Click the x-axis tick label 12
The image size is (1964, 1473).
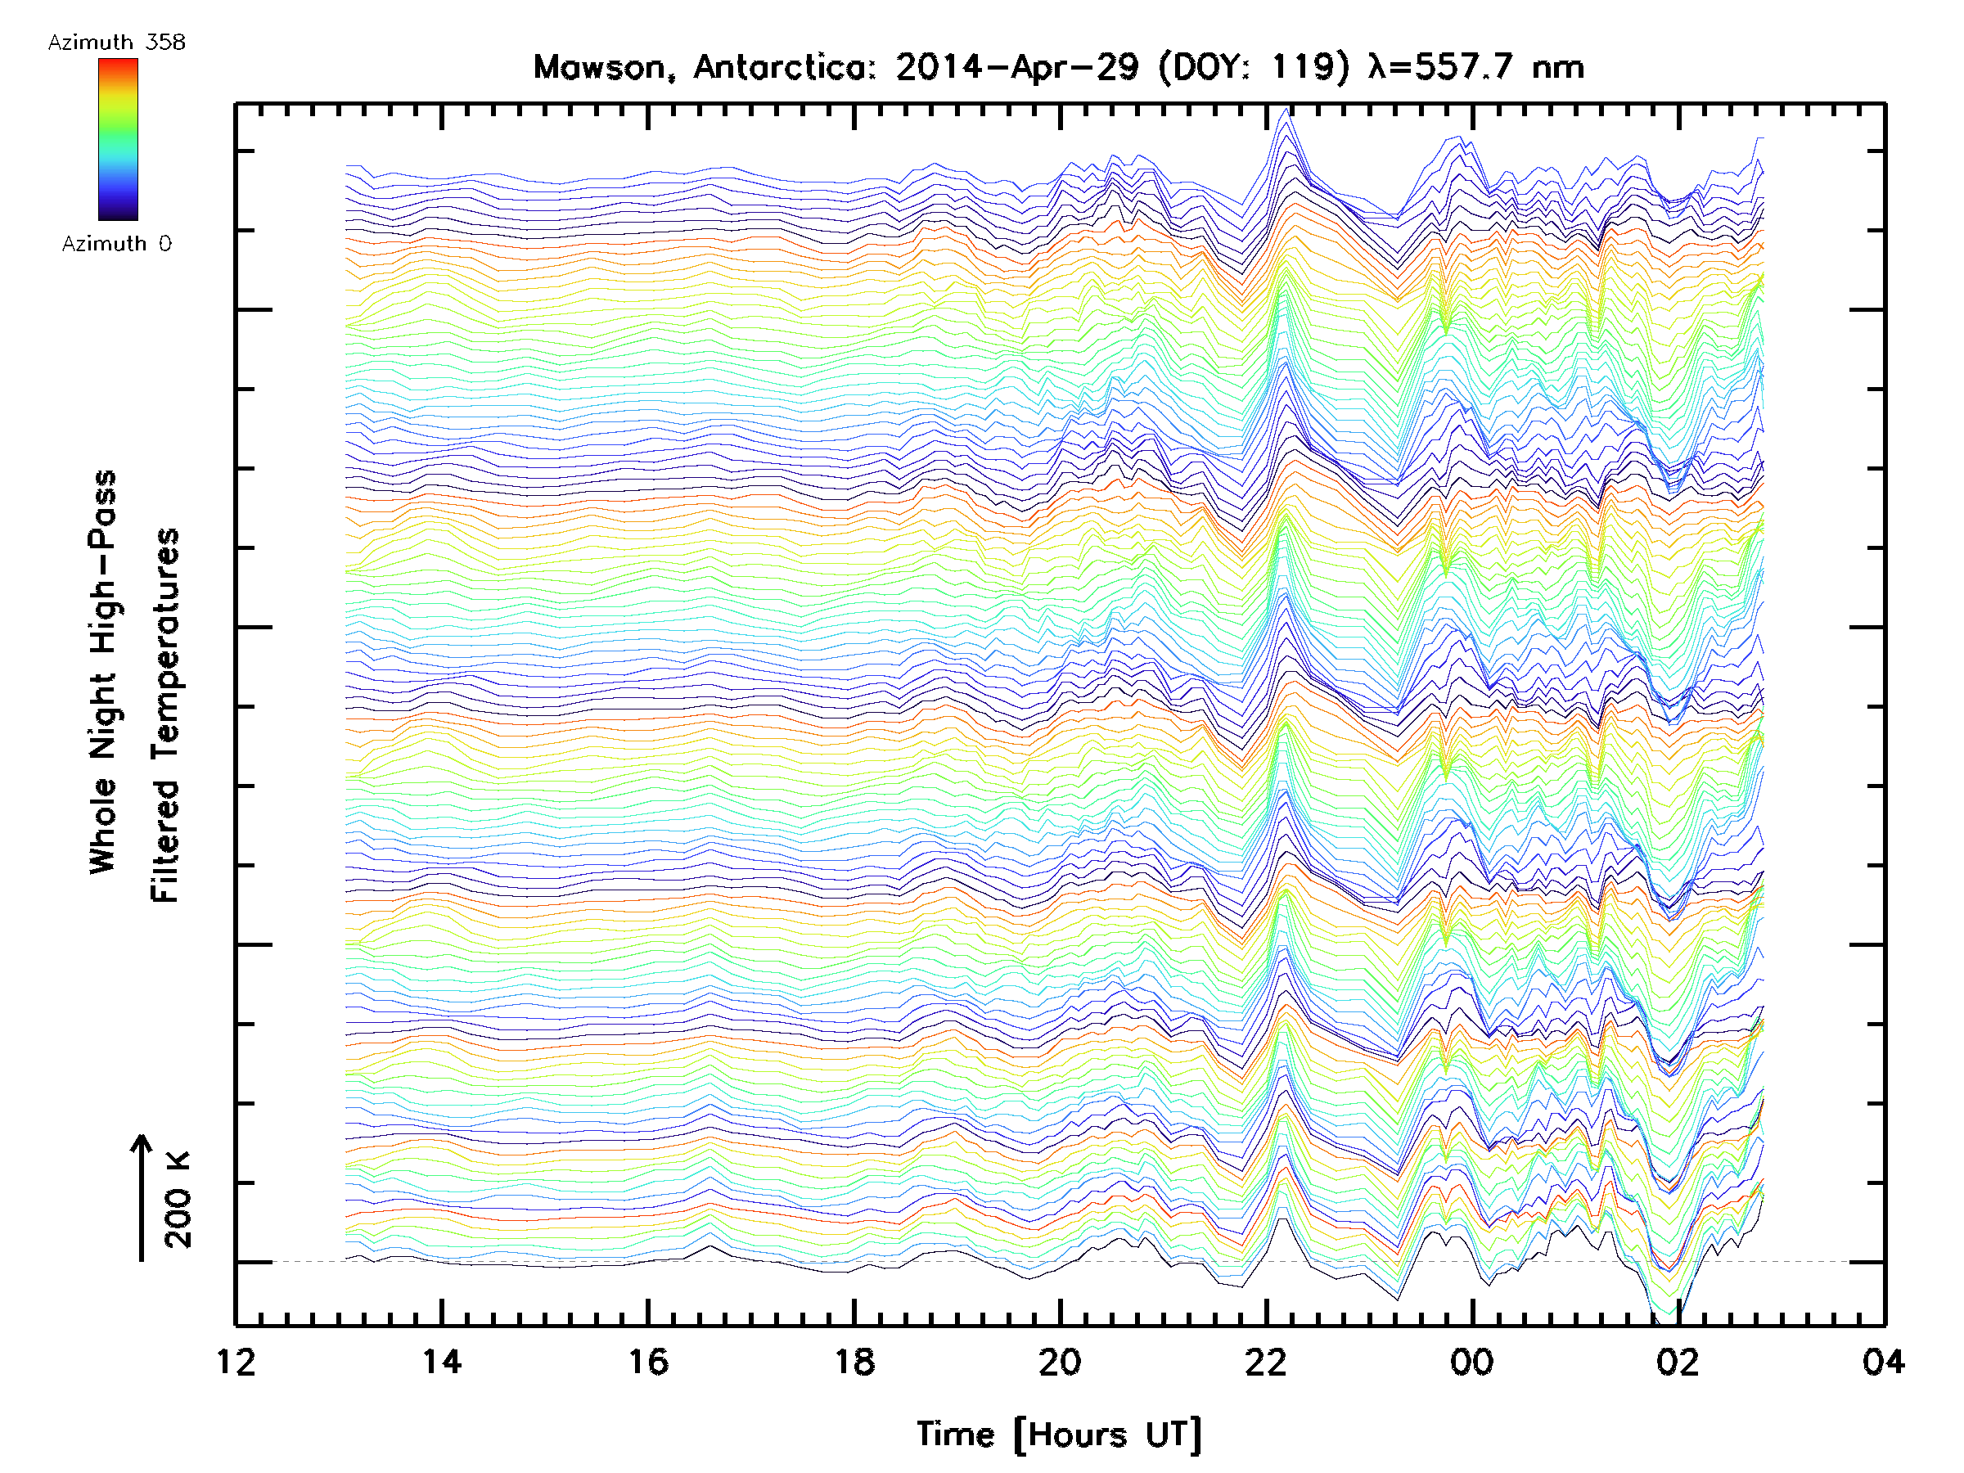236,1362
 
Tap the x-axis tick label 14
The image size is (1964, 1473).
442,1362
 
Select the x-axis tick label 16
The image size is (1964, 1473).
648,1362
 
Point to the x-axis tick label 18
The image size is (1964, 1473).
854,1362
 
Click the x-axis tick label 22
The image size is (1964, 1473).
1266,1362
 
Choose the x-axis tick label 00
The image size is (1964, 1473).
1472,1362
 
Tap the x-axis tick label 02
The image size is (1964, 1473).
1678,1362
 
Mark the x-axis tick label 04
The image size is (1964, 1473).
1883,1362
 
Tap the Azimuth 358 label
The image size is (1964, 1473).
116,43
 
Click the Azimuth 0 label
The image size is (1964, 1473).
116,244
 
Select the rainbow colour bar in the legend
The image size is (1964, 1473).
118,139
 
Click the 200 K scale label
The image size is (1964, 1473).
178,1200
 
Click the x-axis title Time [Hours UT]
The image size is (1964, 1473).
1059,1435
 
